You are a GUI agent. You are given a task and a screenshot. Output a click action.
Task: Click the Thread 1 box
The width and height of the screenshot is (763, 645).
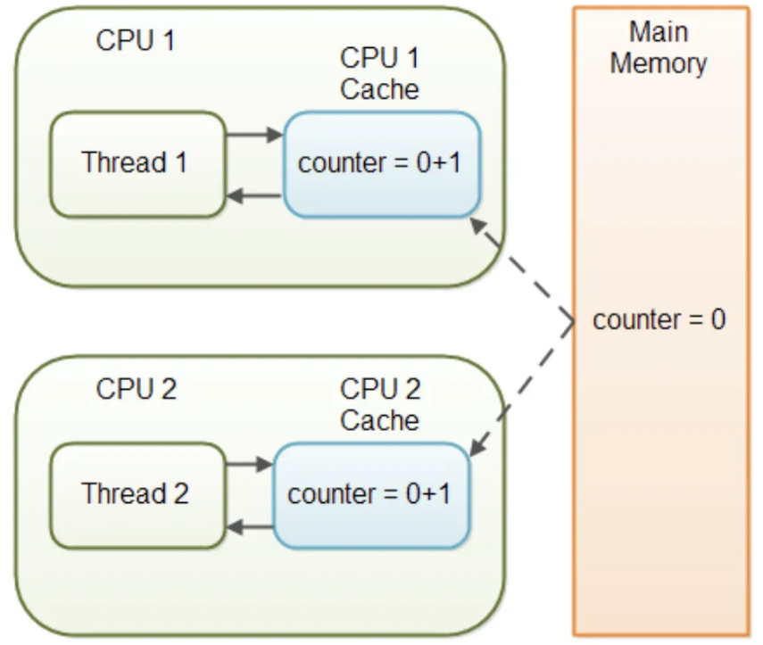pyautogui.click(x=136, y=163)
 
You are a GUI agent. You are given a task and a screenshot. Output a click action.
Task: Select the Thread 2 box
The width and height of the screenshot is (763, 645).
pyautogui.click(x=136, y=494)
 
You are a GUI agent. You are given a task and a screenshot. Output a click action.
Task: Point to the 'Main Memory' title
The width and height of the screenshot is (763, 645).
pyautogui.click(x=659, y=47)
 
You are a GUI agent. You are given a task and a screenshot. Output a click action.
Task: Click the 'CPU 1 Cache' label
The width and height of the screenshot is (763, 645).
pyautogui.click(x=380, y=74)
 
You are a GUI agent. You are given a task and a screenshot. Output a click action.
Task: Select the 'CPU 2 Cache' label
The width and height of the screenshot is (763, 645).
pyautogui.click(x=380, y=404)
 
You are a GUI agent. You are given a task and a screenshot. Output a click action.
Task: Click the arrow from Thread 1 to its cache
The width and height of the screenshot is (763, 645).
pyautogui.click(x=254, y=136)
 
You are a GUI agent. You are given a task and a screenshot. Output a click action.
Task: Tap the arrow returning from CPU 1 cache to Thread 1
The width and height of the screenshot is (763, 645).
pyautogui.click(x=254, y=195)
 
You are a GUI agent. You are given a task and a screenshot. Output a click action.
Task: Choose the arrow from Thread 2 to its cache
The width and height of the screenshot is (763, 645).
pyautogui.click(x=249, y=465)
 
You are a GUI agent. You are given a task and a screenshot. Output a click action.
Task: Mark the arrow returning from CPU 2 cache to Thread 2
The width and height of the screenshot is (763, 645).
pyautogui.click(x=249, y=527)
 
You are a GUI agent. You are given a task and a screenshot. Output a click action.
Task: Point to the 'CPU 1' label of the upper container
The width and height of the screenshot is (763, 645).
pyautogui.click(x=136, y=42)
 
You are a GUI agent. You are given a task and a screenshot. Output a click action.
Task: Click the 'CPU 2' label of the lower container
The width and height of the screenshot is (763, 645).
pyautogui.click(x=137, y=389)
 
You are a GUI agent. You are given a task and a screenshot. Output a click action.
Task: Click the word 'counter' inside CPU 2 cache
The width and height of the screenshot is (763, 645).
pyautogui.click(x=322, y=494)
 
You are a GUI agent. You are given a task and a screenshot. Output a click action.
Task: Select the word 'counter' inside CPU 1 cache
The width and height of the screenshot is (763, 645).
pyautogui.click(x=333, y=163)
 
